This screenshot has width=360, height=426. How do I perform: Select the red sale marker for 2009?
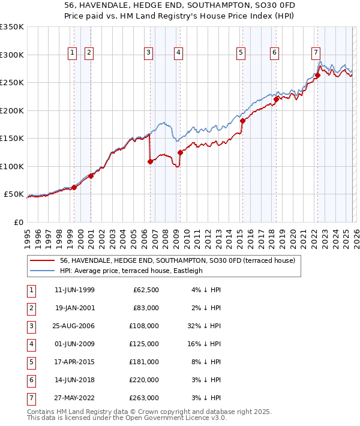click(x=179, y=152)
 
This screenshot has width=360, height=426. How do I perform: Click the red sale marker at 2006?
click(x=150, y=161)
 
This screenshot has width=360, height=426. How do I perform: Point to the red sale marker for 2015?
click(x=242, y=121)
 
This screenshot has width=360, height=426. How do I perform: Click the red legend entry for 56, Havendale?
click(x=177, y=261)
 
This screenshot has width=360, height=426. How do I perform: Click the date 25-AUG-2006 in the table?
click(x=74, y=326)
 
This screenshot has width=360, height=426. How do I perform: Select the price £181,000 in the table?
click(x=146, y=362)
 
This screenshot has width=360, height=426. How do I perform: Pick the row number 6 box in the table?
click(x=29, y=380)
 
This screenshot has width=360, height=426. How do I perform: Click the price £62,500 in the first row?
click(x=146, y=290)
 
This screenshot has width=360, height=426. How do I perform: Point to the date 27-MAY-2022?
click(x=74, y=398)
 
